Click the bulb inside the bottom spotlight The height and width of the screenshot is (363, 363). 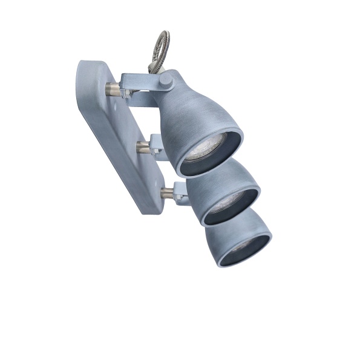pyautogui.click(x=243, y=247)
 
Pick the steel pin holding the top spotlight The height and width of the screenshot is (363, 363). pyautogui.click(x=111, y=91)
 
